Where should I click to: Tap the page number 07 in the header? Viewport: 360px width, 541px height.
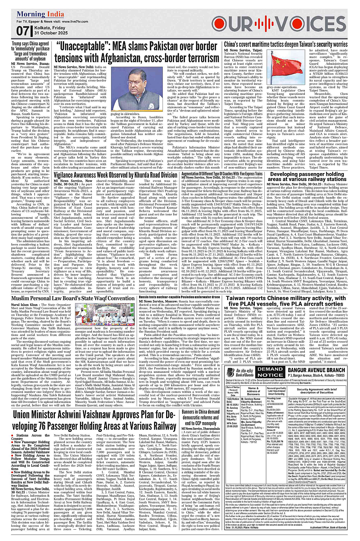click(23, 31)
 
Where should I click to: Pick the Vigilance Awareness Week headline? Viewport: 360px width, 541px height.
click(115, 175)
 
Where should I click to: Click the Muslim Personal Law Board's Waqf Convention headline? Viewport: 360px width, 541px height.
click(73, 299)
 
